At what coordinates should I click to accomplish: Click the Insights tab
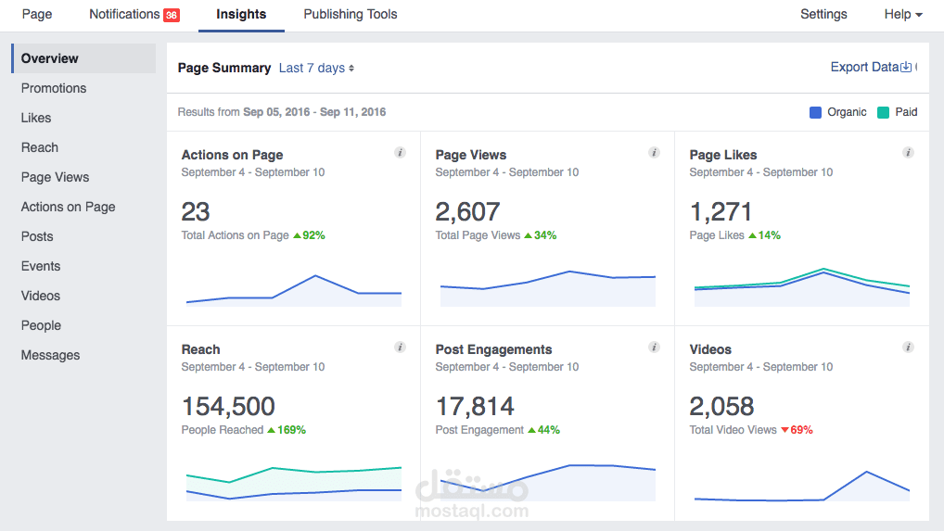tap(241, 15)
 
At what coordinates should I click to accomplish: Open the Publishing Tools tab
tap(350, 15)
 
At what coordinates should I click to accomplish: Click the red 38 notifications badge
tap(172, 15)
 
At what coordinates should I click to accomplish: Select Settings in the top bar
tap(823, 15)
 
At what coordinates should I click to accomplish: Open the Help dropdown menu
tap(903, 15)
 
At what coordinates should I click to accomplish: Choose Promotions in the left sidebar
tap(54, 88)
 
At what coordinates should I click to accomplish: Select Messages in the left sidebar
tap(50, 355)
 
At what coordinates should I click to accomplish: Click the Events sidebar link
tap(41, 266)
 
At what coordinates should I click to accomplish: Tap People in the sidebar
tap(41, 325)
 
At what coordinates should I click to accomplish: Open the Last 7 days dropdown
tap(316, 68)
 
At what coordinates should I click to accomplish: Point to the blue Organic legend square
tap(815, 112)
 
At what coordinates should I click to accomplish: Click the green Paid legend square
tap(883, 112)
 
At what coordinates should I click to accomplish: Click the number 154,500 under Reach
tap(228, 406)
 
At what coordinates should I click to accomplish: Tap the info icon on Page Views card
tap(654, 153)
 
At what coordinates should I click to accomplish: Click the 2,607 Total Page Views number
tap(467, 212)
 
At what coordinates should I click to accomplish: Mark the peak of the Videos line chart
tap(866, 472)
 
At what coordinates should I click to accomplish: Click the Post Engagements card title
tap(493, 349)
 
